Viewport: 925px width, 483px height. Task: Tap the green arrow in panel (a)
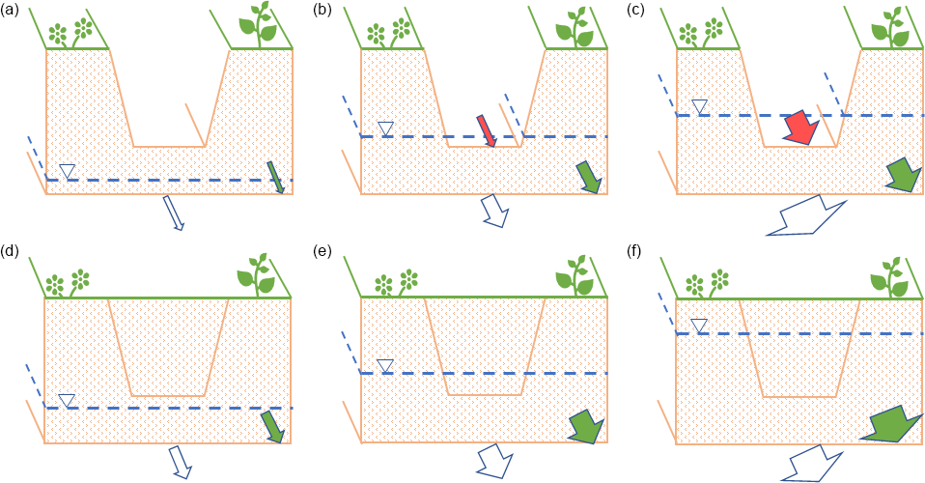276,177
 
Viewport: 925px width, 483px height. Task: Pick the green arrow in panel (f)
889,423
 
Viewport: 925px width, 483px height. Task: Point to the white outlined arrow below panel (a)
174,213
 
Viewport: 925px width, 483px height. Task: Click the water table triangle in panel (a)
68,171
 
